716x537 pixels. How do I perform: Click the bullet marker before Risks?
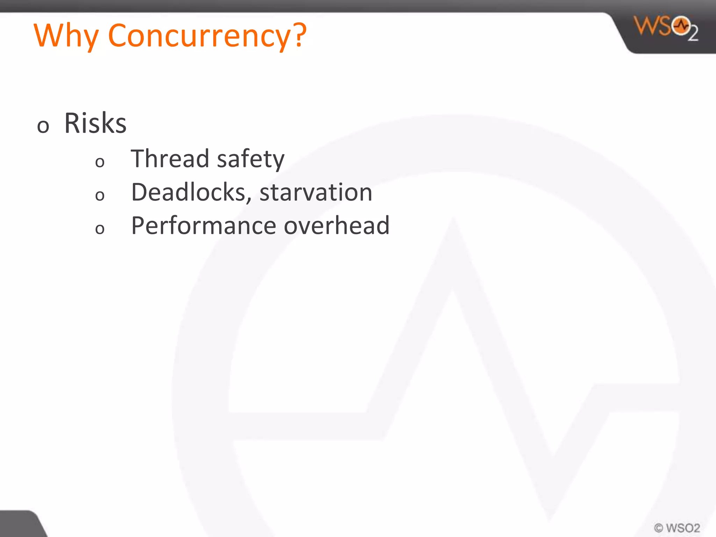pyautogui.click(x=43, y=126)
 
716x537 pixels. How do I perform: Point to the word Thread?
pyautogui.click(x=170, y=159)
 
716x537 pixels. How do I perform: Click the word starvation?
pyautogui.click(x=316, y=193)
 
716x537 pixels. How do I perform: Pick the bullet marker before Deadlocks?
pyautogui.click(x=100, y=195)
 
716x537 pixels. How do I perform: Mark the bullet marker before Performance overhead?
pyautogui.click(x=100, y=229)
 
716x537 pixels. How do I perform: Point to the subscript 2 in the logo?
pyautogui.click(x=693, y=34)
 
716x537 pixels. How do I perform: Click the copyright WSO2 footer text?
pyautogui.click(x=677, y=528)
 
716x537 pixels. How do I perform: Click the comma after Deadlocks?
pyautogui.click(x=249, y=200)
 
